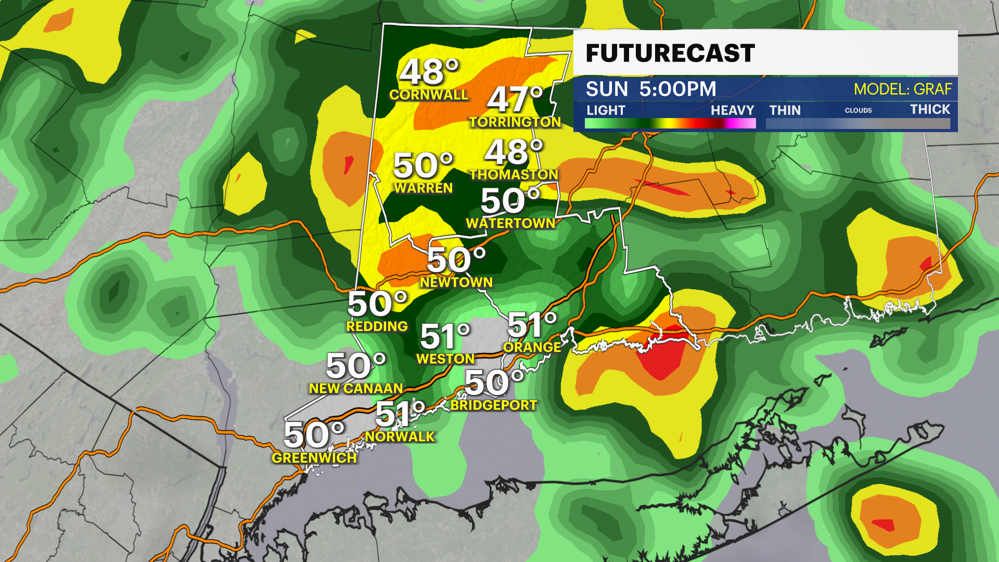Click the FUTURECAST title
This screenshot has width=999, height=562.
(670, 53)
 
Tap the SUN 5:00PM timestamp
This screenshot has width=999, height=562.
(651, 89)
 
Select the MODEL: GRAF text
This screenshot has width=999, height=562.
(903, 89)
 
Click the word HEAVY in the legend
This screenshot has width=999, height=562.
(732, 110)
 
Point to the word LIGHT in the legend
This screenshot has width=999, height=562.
(606, 110)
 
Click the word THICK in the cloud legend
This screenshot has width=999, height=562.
(930, 109)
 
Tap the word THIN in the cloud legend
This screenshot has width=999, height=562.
(785, 110)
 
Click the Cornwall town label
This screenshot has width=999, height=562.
(429, 95)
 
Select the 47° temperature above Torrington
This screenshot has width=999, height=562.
(514, 99)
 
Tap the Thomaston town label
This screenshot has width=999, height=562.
(514, 174)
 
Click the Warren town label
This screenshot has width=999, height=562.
(424, 188)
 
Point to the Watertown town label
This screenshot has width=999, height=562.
(510, 223)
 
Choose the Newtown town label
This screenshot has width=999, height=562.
(456, 282)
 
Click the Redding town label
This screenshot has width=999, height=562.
(377, 326)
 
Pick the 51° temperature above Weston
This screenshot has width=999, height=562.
(445, 337)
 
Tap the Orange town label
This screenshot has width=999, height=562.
(532, 347)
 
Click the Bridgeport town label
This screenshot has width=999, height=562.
(494, 405)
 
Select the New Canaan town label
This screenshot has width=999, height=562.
(356, 388)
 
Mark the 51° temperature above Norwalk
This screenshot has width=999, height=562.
(400, 414)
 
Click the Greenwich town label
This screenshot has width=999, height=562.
(314, 458)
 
